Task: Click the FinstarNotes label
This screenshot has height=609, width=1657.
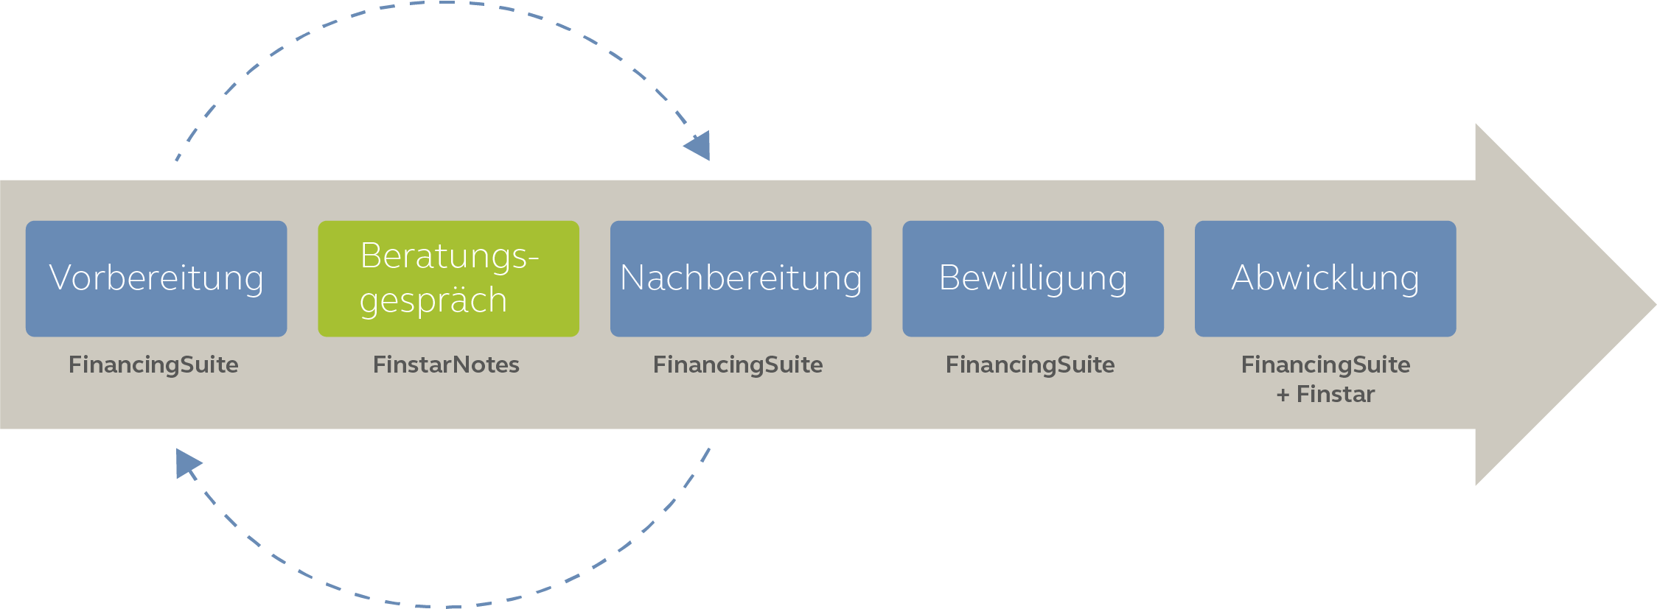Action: coord(446,365)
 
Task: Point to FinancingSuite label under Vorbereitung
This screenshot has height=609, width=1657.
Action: coord(153,365)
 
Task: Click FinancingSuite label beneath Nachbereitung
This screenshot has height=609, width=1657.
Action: coord(738,365)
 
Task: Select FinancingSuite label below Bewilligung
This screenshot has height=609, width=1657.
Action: coord(1030,365)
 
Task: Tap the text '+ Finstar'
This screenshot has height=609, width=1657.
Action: coord(1325,395)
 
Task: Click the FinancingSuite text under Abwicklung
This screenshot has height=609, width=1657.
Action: coord(1325,365)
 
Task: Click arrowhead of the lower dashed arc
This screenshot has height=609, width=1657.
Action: coord(186,462)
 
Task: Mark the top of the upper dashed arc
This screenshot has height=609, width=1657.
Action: coord(442,3)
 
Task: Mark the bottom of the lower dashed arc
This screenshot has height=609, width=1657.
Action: coord(442,606)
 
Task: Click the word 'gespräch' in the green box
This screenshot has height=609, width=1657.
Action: coord(433,300)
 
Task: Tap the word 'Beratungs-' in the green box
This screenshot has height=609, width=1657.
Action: coord(449,256)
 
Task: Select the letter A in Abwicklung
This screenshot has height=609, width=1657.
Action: coord(1244,278)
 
